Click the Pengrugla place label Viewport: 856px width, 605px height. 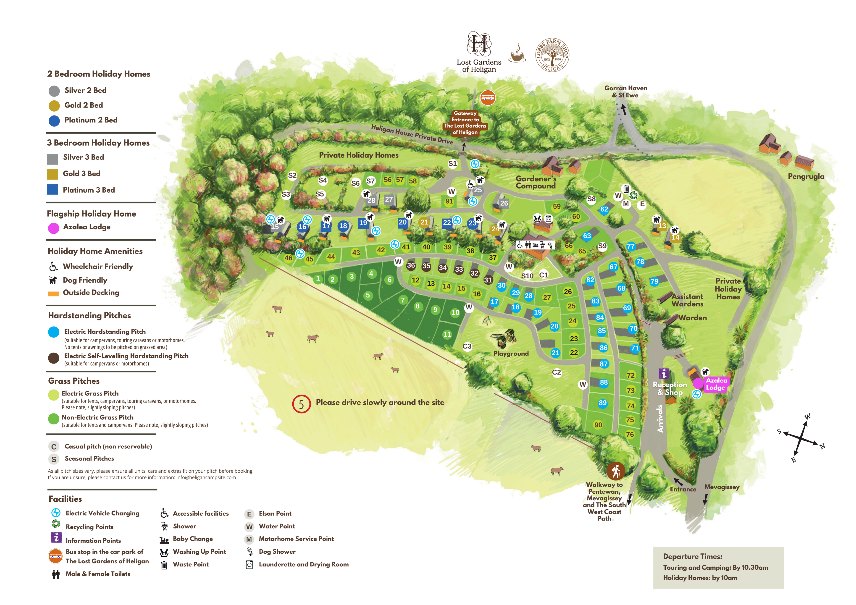(x=806, y=176)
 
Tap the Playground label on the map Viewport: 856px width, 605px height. (x=511, y=353)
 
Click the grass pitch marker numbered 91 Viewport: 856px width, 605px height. (x=450, y=201)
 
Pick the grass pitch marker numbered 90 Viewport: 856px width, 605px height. (x=598, y=425)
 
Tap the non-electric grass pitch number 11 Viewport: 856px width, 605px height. (x=447, y=334)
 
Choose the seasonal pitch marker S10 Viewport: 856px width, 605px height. (x=527, y=276)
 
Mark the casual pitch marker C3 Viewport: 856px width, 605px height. (x=467, y=346)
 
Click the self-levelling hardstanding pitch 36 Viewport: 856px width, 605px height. (x=411, y=265)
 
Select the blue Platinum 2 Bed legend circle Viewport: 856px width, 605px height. (x=54, y=121)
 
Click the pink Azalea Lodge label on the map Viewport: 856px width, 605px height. (x=716, y=384)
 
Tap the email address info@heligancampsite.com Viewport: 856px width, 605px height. (x=206, y=477)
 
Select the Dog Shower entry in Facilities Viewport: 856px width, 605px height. (x=277, y=551)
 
